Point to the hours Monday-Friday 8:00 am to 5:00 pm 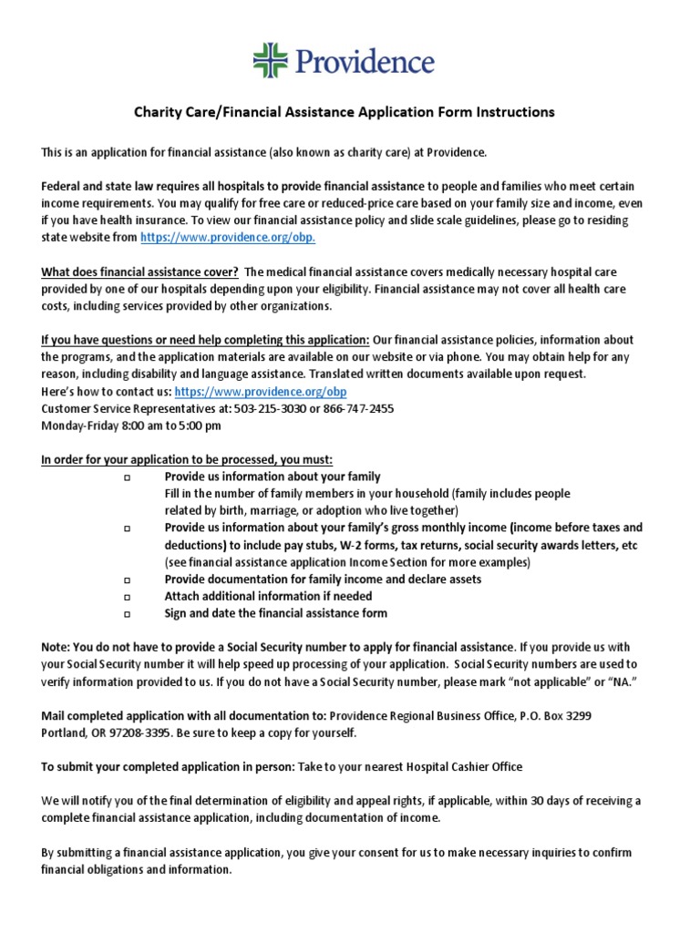tap(130, 425)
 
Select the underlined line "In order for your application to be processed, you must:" tap(187, 459)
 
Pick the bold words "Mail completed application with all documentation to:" tap(183, 716)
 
